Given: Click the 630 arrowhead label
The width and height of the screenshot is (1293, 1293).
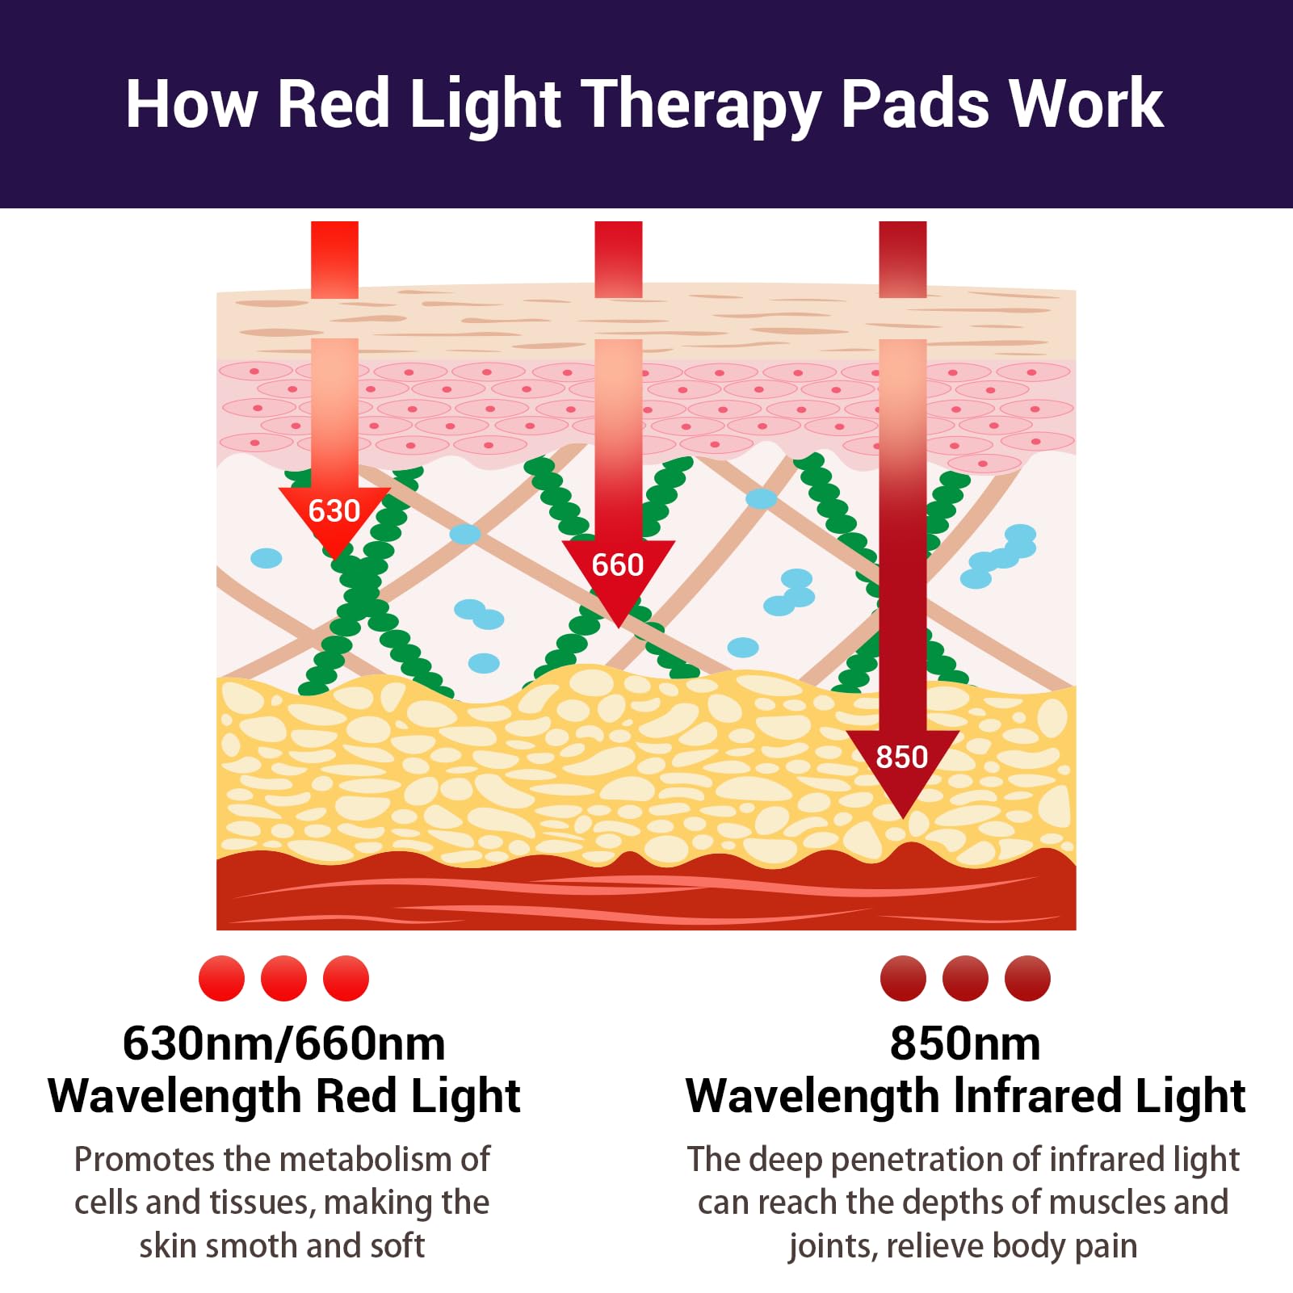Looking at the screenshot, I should click(334, 511).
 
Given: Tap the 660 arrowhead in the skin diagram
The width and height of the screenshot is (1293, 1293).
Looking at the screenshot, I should click(618, 565).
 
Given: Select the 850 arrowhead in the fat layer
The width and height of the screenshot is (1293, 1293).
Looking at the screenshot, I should click(902, 758).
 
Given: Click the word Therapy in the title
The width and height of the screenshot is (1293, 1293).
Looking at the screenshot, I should click(701, 105).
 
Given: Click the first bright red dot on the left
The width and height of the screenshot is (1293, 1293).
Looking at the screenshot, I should click(221, 978).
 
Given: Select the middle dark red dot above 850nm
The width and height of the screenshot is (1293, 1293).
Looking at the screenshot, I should click(965, 978).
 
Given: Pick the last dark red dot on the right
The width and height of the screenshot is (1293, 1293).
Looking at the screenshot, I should click(1027, 978).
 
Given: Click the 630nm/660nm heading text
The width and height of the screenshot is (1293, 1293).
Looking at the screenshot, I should click(283, 1043).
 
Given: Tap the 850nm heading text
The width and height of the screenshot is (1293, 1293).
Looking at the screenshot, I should click(965, 1043).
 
